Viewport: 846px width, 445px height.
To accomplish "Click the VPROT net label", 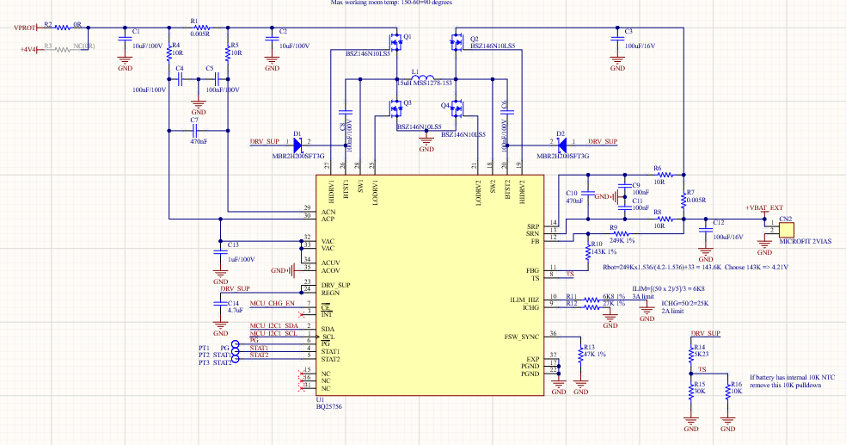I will [x=25, y=28].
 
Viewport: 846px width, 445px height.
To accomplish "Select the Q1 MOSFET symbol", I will [x=397, y=40].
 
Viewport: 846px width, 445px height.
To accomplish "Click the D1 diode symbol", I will [x=298, y=145].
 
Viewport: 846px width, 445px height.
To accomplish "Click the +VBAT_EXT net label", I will [x=765, y=208].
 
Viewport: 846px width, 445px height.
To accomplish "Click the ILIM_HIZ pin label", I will [x=524, y=299].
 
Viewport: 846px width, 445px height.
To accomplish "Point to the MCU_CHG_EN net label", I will [x=273, y=305].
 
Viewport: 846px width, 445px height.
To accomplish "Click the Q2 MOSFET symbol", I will [x=456, y=40].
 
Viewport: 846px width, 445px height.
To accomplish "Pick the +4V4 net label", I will [x=28, y=50].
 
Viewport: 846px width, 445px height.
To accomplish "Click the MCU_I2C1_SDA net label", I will [x=274, y=326].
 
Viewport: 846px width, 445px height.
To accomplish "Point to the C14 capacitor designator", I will [x=233, y=304].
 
